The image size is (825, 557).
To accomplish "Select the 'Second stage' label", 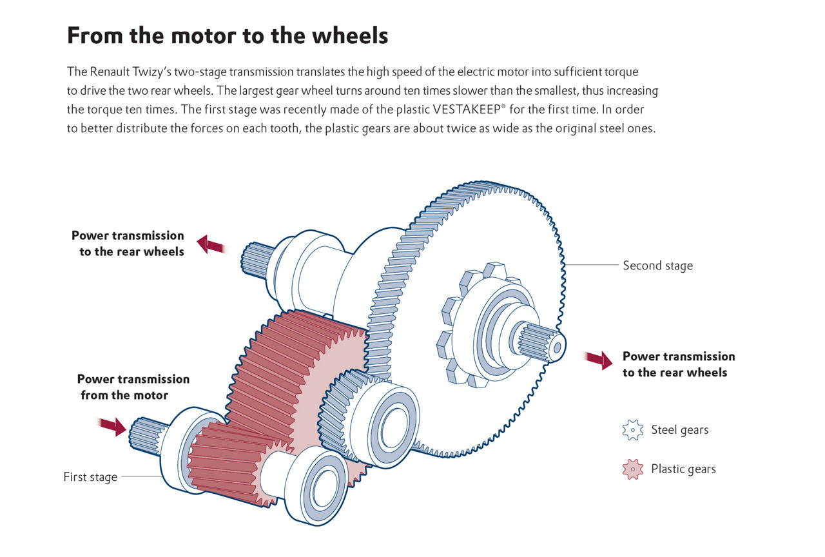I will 657,265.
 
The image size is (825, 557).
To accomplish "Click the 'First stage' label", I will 90,477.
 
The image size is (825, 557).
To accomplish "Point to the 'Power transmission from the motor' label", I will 133,387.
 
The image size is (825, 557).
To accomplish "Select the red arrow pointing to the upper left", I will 211,244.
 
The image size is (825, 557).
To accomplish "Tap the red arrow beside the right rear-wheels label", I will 599,359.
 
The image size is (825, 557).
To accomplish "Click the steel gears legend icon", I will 633,430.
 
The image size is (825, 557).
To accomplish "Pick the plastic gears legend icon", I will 633,469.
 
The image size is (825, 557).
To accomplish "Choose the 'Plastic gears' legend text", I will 683,469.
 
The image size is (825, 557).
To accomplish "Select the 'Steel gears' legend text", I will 679,430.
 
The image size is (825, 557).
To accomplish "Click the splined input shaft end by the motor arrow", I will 144,435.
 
